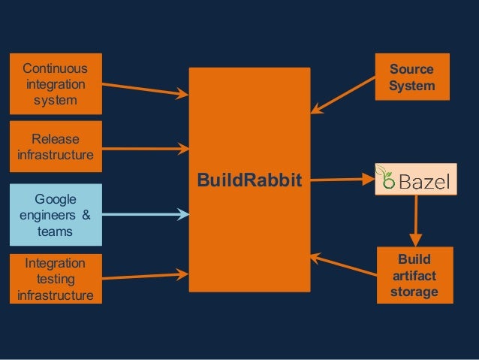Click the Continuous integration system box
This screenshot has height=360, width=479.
click(55, 83)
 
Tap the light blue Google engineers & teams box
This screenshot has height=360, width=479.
click(55, 215)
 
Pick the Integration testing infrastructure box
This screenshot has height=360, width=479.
click(55, 279)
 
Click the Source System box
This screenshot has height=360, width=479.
click(411, 77)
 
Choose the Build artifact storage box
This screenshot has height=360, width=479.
click(414, 276)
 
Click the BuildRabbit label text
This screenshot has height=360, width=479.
click(249, 180)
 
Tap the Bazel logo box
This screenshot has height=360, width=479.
click(416, 180)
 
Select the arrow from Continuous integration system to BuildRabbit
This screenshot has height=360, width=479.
click(143, 89)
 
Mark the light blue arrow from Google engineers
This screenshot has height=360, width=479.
click(143, 216)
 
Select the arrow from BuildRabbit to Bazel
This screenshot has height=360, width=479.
click(342, 180)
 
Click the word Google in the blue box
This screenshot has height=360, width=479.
click(55, 199)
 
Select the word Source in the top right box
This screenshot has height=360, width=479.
click(411, 70)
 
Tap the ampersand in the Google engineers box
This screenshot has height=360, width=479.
click(85, 216)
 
